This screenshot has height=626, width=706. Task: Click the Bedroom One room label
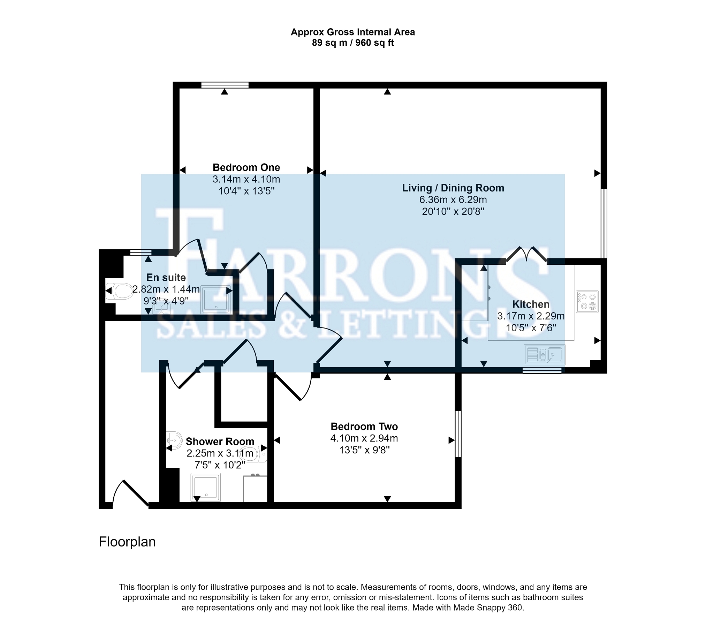(x=246, y=168)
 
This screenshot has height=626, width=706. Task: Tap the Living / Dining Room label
(x=453, y=188)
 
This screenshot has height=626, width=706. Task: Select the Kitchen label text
(x=531, y=304)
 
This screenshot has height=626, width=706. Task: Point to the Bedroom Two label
(x=364, y=427)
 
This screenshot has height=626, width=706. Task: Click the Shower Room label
(x=220, y=442)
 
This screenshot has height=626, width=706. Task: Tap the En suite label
(x=166, y=278)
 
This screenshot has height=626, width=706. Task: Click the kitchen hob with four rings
(x=587, y=302)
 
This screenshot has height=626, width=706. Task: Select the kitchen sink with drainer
(x=544, y=355)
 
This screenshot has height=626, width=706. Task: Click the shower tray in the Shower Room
(x=206, y=487)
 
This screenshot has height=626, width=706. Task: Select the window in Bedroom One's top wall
(x=225, y=85)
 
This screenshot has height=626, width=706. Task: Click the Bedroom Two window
(x=458, y=434)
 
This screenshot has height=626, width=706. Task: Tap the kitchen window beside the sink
(x=542, y=370)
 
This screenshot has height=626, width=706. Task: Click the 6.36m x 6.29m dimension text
(x=453, y=200)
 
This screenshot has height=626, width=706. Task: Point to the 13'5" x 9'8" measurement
(x=364, y=450)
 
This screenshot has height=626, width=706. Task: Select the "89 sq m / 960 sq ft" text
(x=353, y=43)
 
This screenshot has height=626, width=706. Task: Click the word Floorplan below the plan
(x=127, y=542)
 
